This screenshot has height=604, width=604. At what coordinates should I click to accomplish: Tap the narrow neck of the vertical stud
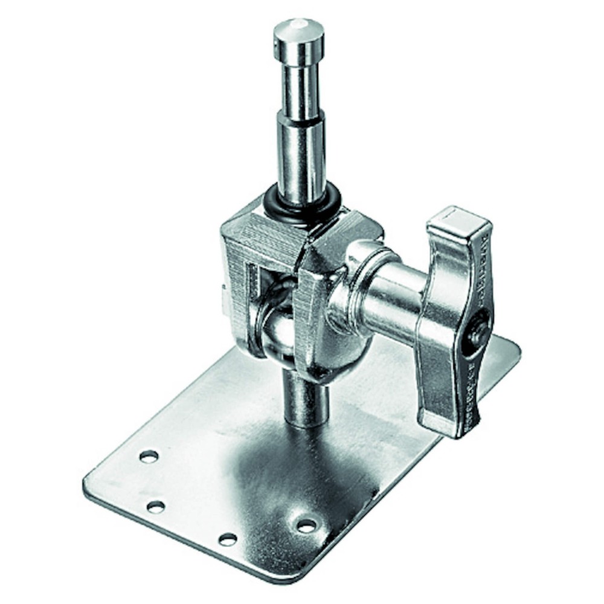[x=301, y=91]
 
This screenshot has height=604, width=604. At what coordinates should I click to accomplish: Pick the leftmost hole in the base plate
[x=149, y=457]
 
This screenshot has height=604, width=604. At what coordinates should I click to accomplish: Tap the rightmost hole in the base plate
[x=306, y=525]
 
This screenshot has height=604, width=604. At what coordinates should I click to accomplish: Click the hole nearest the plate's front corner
[x=228, y=539]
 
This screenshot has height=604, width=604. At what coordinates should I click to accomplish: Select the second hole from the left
[x=156, y=506]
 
